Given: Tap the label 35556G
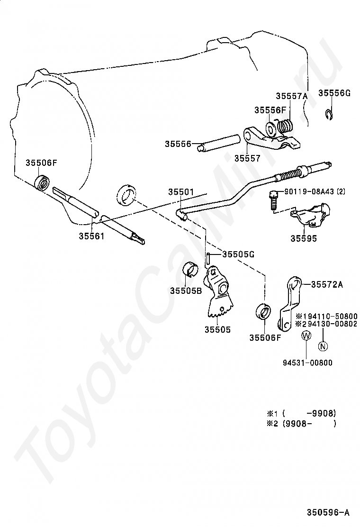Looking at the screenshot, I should coord(334,93).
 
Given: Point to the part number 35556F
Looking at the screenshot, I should coord(270,109).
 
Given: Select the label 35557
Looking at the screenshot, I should coord(247,158).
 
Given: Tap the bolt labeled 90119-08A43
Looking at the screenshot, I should coord(274,200).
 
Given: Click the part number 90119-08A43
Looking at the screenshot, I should coord(315,192).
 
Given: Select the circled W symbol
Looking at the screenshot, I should coord(306,336).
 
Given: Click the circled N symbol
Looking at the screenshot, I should coord(323,345).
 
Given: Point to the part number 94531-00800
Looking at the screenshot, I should coord(307,363).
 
